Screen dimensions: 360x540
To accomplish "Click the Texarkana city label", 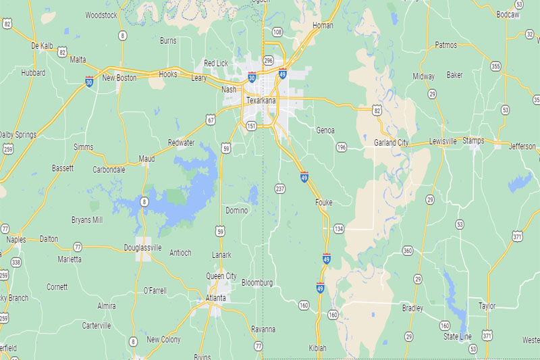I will click(262, 101).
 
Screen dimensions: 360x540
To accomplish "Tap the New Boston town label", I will click(119, 78).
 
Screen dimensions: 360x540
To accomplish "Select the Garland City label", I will click(391, 143).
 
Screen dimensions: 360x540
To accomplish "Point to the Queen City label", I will click(221, 276).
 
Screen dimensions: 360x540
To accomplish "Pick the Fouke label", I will click(323, 202).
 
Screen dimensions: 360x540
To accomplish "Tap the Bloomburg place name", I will click(256, 282).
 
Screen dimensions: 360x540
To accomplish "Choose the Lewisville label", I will click(443, 141).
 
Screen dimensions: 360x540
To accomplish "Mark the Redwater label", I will click(182, 143).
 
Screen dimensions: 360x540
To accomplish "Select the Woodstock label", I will click(101, 14).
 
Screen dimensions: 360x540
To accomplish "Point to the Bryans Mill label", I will click(87, 220).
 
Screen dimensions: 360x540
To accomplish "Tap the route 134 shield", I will click(338, 229).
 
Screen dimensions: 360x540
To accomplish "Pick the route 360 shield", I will click(407, 251).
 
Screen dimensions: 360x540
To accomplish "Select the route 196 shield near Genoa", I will click(342, 147).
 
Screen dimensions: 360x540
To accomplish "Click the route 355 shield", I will click(496, 66).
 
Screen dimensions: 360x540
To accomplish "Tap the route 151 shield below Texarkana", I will click(251, 126).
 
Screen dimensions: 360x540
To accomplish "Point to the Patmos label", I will click(446, 45).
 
